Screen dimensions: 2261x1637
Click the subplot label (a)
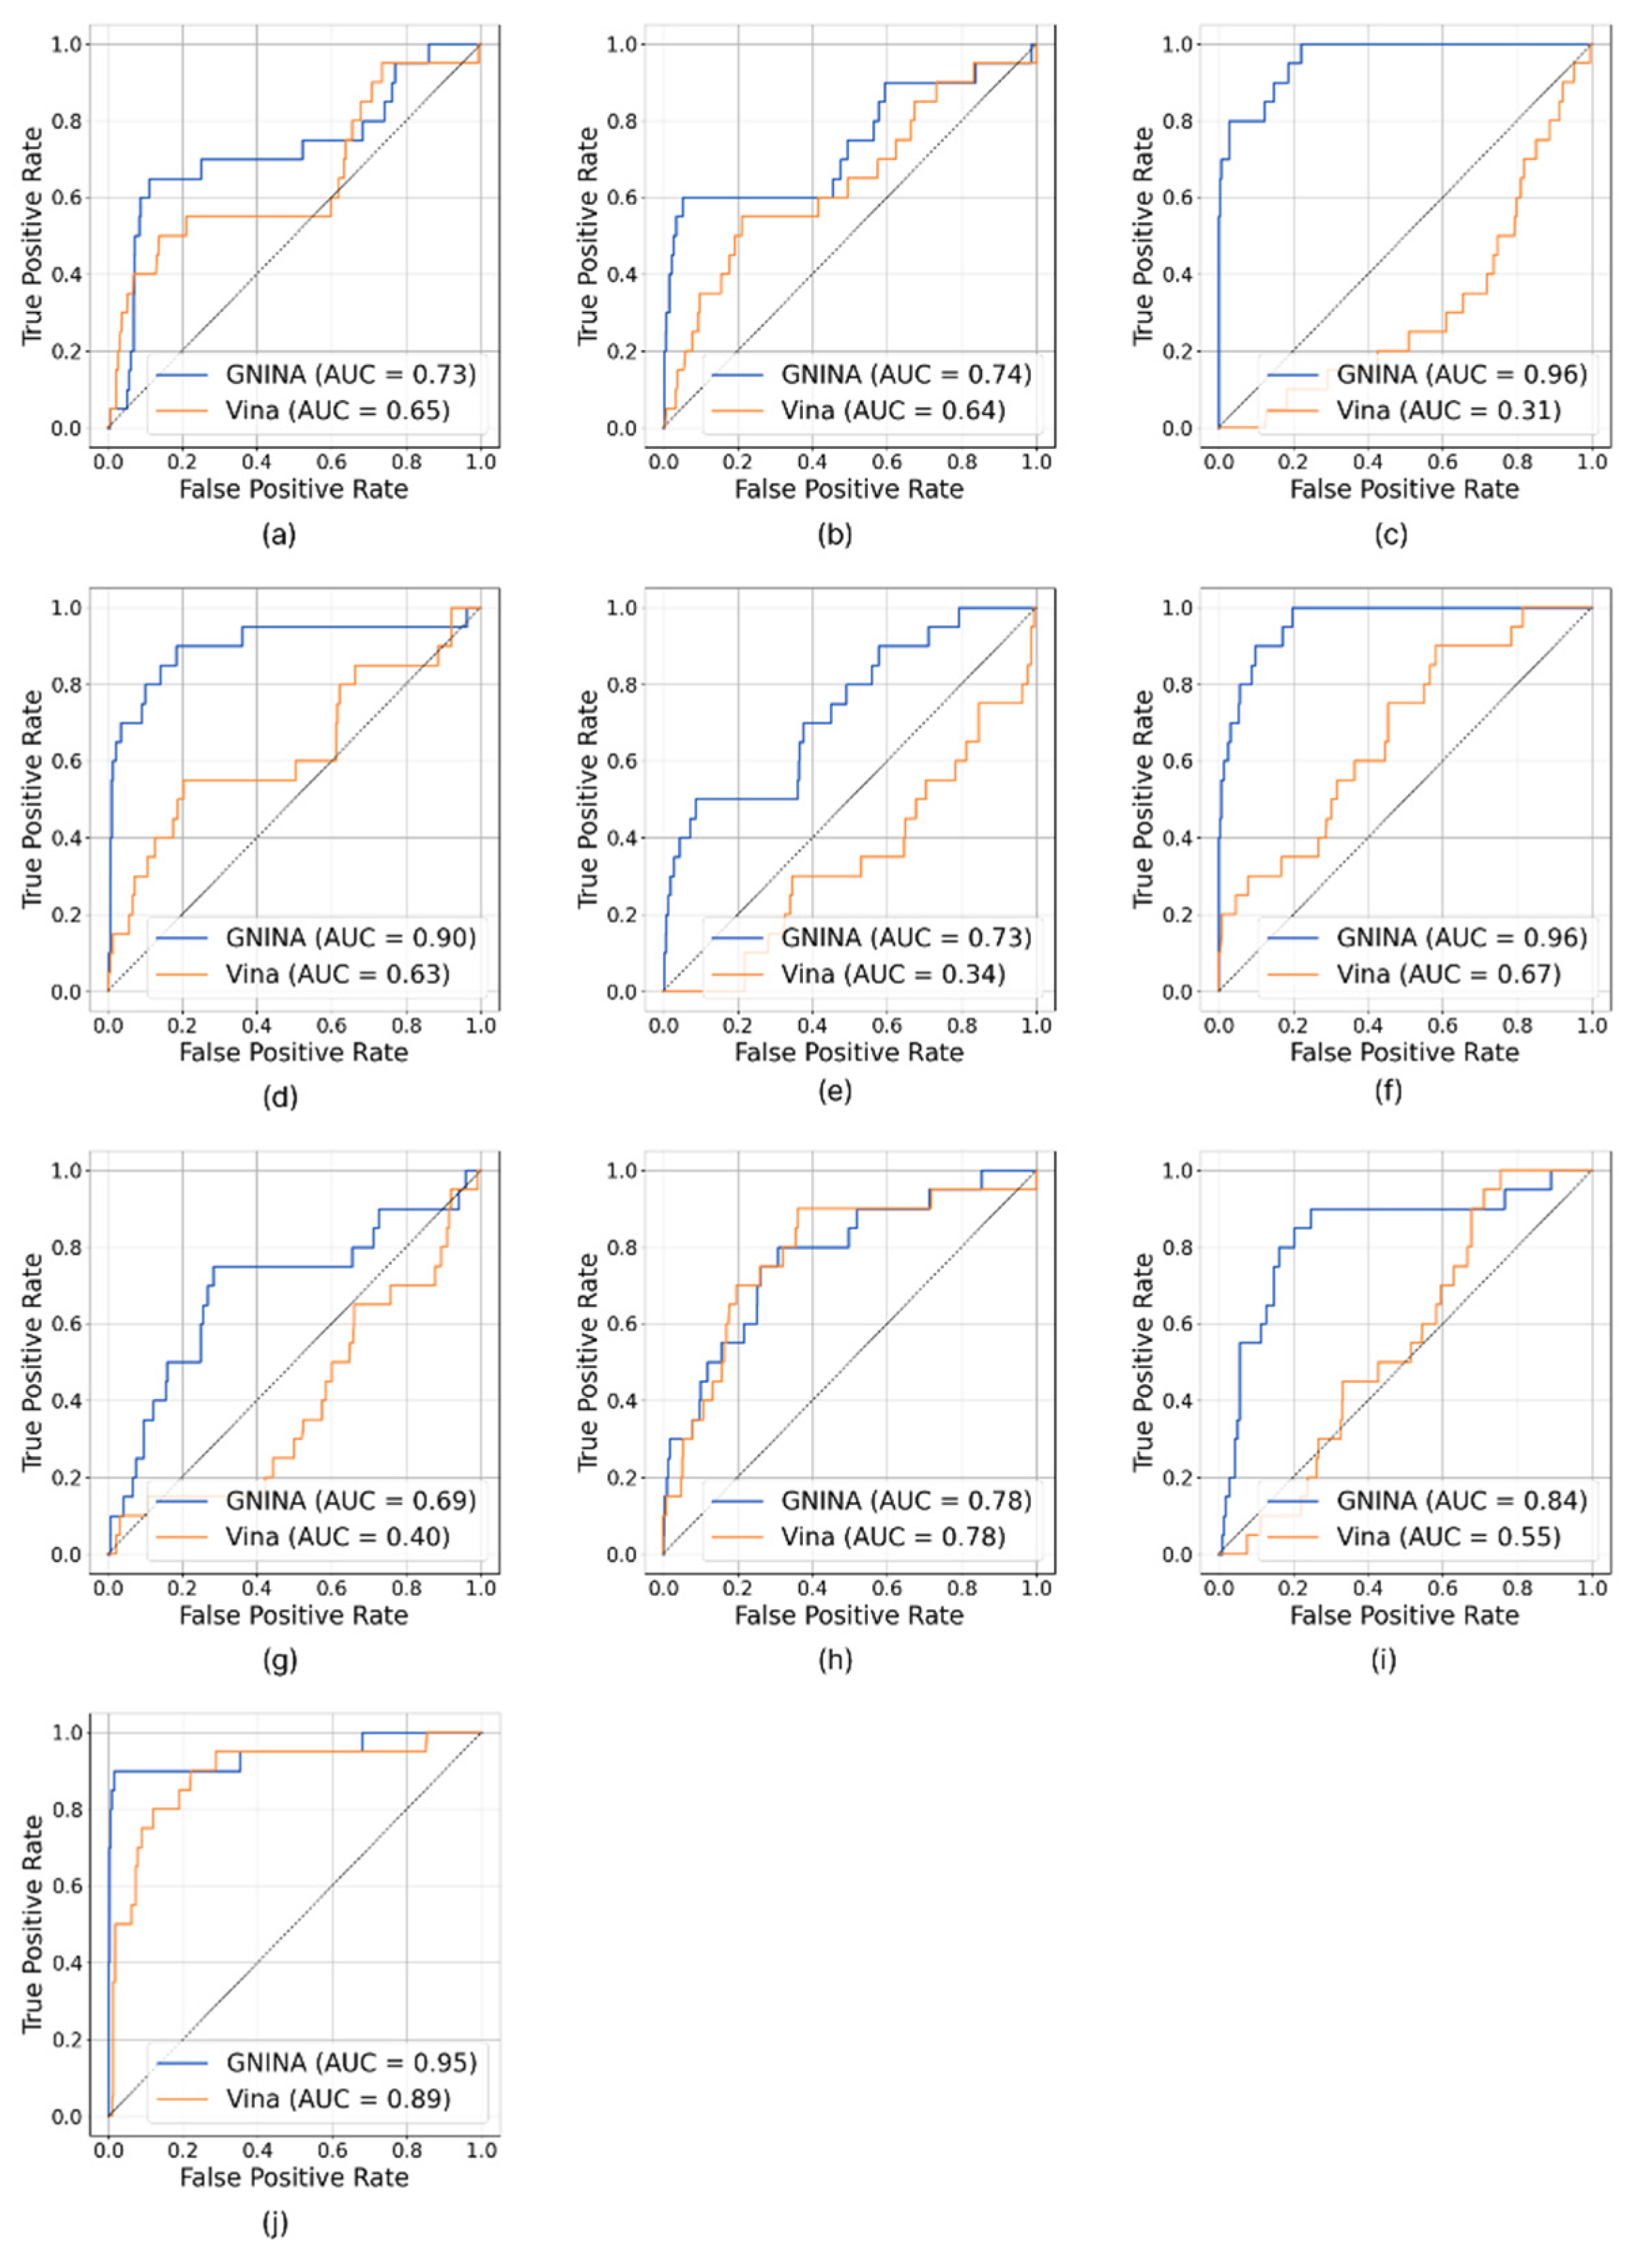(x=279, y=535)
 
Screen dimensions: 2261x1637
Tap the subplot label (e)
(x=835, y=1092)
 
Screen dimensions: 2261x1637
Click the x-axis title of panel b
(x=850, y=490)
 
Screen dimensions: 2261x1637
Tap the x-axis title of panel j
(x=294, y=2178)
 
